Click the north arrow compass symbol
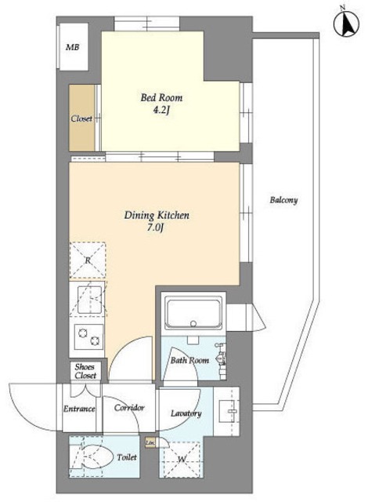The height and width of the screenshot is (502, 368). pyautogui.click(x=346, y=24)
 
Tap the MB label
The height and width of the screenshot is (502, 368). pyautogui.click(x=73, y=47)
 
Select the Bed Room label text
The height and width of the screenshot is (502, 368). pyautogui.click(x=161, y=97)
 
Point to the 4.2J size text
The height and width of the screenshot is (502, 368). pyautogui.click(x=161, y=111)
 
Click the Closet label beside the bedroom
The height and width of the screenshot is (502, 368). pyautogui.click(x=81, y=118)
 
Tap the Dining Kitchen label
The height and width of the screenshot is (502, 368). pyautogui.click(x=157, y=215)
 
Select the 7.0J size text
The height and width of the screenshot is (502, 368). pyautogui.click(x=157, y=228)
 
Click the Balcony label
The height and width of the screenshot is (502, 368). pyautogui.click(x=283, y=200)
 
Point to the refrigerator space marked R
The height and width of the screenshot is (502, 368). pyautogui.click(x=88, y=260)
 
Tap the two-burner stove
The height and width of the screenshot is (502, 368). pyautogui.click(x=88, y=336)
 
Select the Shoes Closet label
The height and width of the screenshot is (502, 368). pyautogui.click(x=85, y=371)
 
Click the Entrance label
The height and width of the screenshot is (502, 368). pyautogui.click(x=79, y=409)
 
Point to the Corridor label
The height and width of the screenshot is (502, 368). pyautogui.click(x=129, y=408)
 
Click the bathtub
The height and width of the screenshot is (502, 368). pyautogui.click(x=193, y=314)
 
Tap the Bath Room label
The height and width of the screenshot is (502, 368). pyautogui.click(x=189, y=360)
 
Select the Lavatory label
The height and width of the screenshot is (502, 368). pyautogui.click(x=186, y=413)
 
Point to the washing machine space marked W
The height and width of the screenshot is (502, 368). pyautogui.click(x=181, y=460)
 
